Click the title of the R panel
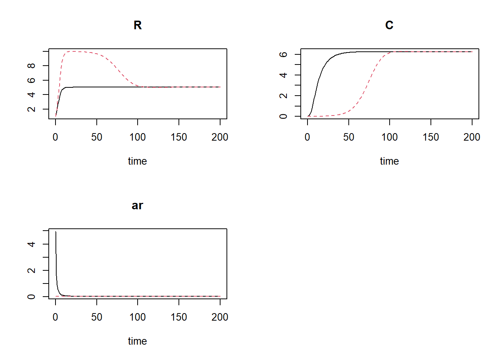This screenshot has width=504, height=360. (x=138, y=25)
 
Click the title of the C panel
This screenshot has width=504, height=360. (x=389, y=25)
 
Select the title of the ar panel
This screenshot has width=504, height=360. (x=138, y=205)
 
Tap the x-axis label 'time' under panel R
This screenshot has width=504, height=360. (x=137, y=161)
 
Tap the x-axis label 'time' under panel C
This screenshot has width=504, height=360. (x=389, y=161)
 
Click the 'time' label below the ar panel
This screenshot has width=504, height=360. (x=137, y=341)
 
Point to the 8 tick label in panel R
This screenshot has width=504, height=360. (x=31, y=66)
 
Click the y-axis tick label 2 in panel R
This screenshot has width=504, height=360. (x=31, y=109)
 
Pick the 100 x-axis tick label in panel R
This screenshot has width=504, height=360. (x=138, y=137)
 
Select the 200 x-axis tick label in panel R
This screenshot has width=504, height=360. (x=220, y=137)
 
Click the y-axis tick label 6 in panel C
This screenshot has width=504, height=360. (x=283, y=54)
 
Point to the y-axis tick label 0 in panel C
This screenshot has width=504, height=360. (x=283, y=116)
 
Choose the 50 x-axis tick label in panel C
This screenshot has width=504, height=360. (x=349, y=137)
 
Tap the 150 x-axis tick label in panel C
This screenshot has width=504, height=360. (x=431, y=137)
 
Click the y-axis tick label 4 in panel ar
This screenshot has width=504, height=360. (x=31, y=244)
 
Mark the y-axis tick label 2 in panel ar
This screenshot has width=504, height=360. (x=31, y=270)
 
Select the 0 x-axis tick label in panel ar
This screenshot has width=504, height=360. (x=55, y=317)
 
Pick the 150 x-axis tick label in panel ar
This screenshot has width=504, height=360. (x=179, y=317)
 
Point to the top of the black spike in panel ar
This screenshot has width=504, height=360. (x=56, y=232)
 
